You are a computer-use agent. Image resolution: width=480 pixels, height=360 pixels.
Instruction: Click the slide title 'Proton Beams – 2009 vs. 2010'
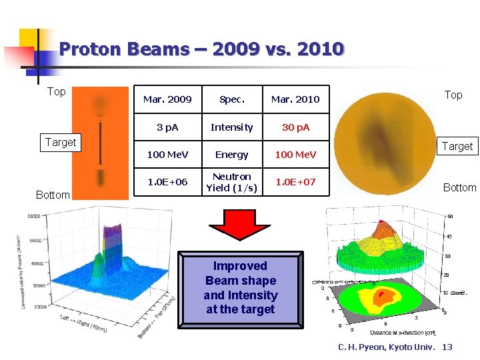point(201,49)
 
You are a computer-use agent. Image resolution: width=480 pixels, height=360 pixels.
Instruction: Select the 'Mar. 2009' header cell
point(167,99)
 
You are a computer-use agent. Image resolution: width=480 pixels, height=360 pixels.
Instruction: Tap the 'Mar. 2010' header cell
point(295,99)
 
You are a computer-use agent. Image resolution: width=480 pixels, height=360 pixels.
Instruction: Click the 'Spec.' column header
point(232,99)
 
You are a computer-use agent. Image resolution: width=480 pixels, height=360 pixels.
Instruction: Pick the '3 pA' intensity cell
point(167,127)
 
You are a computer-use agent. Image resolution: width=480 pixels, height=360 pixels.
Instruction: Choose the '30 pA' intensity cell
point(295,127)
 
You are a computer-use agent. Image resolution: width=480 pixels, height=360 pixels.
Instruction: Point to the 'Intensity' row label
point(232,127)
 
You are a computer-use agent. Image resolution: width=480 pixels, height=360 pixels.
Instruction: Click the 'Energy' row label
point(232,155)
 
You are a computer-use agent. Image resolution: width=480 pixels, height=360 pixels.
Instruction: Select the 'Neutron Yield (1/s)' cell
point(232,182)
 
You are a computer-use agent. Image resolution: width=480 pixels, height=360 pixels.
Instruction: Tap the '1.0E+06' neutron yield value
point(167,182)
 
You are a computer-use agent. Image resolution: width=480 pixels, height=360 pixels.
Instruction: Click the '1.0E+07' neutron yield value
point(295,182)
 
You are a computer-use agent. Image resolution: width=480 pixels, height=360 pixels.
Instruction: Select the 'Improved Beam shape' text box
point(241,287)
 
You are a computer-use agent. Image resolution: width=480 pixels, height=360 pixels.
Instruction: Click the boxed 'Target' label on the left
point(61,142)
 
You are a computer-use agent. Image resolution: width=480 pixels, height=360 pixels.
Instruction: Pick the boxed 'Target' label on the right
point(457,146)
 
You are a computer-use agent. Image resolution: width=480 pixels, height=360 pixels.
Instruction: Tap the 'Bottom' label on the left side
point(53,195)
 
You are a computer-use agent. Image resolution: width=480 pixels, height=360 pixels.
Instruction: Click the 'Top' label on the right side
point(453,95)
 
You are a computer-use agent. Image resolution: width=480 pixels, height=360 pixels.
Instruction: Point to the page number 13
point(447,347)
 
